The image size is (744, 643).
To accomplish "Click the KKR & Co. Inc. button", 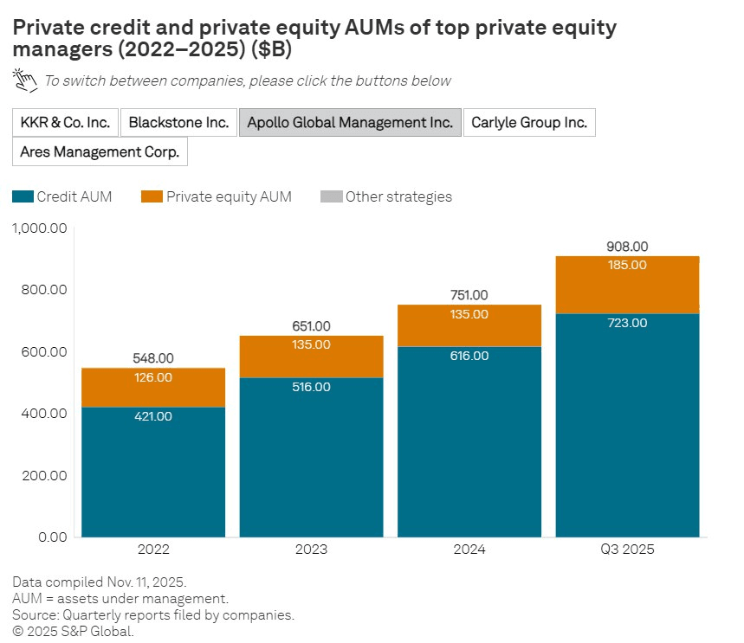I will point(65,123).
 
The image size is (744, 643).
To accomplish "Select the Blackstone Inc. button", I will point(178,123).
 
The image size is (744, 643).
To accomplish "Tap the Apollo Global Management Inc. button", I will point(350,123).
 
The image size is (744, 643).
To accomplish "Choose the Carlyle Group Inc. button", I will point(529,123).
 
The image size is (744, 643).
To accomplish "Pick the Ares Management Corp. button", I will point(100,152).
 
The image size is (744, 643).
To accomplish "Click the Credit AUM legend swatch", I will point(23,197).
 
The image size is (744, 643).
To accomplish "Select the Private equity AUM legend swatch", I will point(152,197).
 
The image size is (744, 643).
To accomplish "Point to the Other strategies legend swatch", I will point(331,197).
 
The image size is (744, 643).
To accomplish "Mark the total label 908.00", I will point(627,247).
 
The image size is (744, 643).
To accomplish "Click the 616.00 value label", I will point(469,356).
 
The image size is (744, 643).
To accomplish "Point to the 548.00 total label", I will point(153,358).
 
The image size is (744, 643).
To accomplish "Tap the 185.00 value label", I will point(627,265).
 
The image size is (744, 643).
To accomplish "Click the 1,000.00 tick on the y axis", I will point(40,228).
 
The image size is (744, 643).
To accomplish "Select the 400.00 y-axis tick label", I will point(45,414).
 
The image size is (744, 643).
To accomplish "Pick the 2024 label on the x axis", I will point(469,550).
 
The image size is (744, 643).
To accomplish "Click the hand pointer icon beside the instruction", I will point(25,80).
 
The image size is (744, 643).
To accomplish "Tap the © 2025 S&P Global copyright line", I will point(74,631).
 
